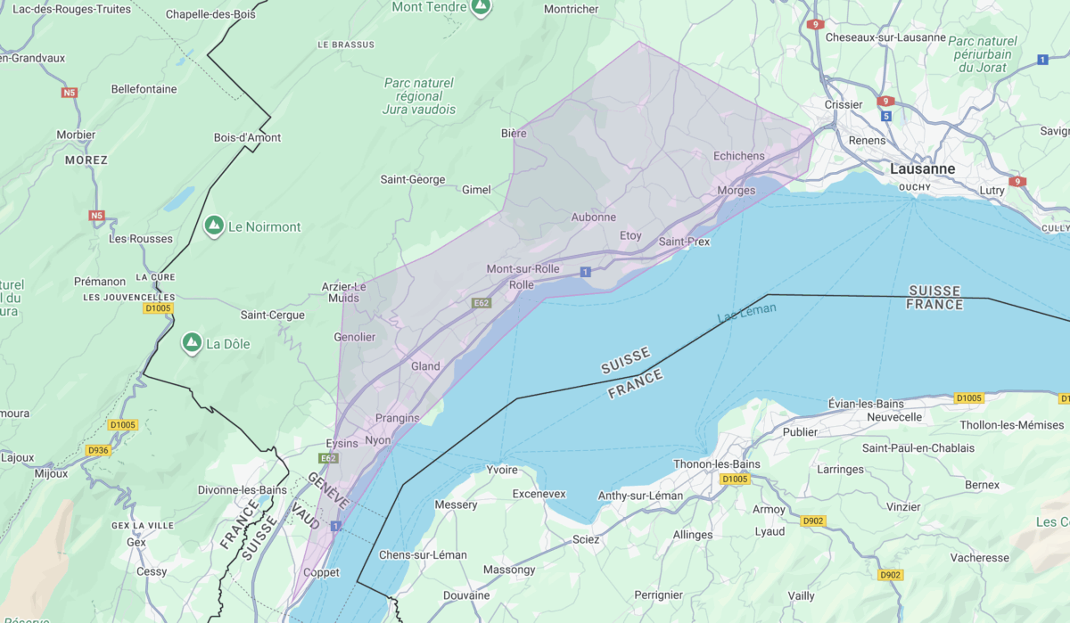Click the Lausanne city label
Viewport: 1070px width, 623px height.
coord(922,168)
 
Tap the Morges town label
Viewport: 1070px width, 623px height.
coord(736,190)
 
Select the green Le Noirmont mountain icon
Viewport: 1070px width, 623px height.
coord(214,226)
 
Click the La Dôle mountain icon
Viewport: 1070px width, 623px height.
coord(191,343)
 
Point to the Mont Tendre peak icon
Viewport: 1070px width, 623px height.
coord(481,7)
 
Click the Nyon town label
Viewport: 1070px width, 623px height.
coord(378,440)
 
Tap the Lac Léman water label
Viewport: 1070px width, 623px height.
coord(746,313)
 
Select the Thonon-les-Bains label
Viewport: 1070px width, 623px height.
coord(717,463)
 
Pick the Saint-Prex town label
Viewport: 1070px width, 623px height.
coord(684,242)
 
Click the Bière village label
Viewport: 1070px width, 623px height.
coord(514,134)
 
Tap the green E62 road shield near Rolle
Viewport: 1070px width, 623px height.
coord(481,303)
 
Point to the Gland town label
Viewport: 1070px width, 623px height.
coord(425,366)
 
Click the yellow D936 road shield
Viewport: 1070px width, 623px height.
coord(98,451)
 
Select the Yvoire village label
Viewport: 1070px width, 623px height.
coord(502,470)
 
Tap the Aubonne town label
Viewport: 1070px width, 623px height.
coord(593,217)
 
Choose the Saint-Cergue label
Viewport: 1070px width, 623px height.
coord(272,315)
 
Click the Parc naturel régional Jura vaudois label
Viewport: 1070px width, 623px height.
coord(418,96)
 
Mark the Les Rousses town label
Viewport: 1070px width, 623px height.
coord(128,239)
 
